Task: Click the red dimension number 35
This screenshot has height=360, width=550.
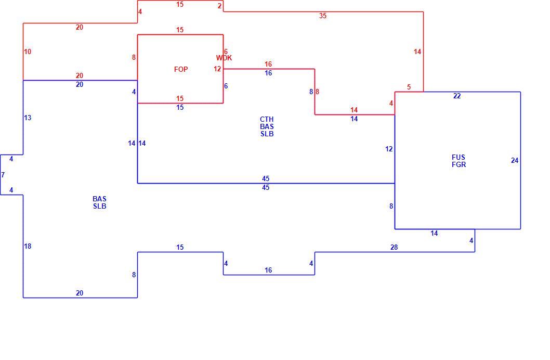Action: (323, 16)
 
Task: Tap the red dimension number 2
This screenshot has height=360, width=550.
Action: (219, 6)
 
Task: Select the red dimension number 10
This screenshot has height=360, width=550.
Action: (28, 52)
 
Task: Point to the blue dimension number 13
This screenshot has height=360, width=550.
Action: (28, 118)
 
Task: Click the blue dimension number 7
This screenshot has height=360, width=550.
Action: (3, 175)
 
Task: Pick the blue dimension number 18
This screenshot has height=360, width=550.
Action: (28, 246)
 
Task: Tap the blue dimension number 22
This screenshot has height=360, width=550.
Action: (457, 96)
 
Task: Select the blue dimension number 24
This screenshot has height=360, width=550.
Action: (515, 161)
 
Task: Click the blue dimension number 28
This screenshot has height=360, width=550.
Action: (394, 247)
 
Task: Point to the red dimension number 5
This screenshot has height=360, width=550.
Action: (409, 87)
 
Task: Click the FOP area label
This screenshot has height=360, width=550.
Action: (181, 70)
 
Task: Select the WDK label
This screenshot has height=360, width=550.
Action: (224, 58)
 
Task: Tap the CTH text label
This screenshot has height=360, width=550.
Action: (267, 119)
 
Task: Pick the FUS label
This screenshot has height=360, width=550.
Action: (459, 157)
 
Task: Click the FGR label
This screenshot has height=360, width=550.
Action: (459, 164)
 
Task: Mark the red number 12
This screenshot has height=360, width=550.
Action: (217, 69)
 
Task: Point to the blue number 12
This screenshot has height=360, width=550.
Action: (389, 149)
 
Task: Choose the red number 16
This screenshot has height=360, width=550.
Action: (268, 64)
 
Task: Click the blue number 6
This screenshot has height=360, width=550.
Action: (226, 86)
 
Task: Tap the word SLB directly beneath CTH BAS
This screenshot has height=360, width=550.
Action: (267, 134)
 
